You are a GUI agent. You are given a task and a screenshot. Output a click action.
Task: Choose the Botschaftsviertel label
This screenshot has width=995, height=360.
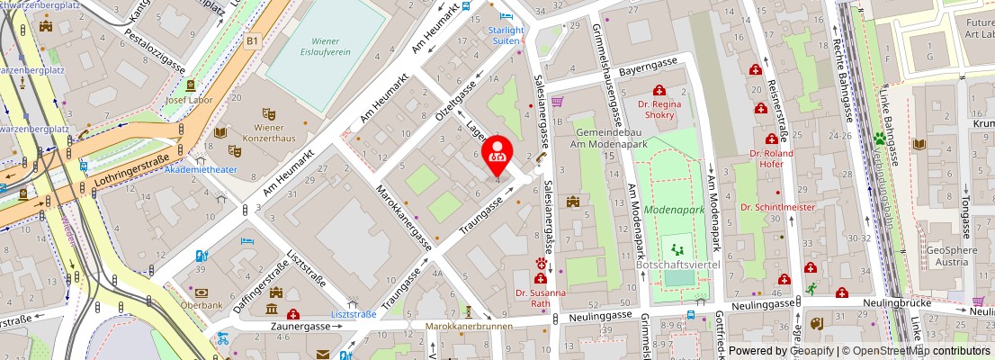(678, 265)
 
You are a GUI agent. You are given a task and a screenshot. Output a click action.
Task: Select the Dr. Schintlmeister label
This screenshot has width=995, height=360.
(777, 207)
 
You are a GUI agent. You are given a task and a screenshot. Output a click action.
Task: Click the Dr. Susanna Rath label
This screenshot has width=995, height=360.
(541, 298)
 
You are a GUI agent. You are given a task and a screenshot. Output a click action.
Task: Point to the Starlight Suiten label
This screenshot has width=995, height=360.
(506, 34)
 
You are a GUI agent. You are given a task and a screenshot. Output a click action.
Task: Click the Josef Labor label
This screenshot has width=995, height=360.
(190, 100)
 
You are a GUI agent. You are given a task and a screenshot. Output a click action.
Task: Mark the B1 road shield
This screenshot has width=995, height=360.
(253, 40)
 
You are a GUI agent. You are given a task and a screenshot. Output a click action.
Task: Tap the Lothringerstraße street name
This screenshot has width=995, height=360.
(130, 176)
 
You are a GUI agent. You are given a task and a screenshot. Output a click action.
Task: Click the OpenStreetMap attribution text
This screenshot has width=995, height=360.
(916, 351)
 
